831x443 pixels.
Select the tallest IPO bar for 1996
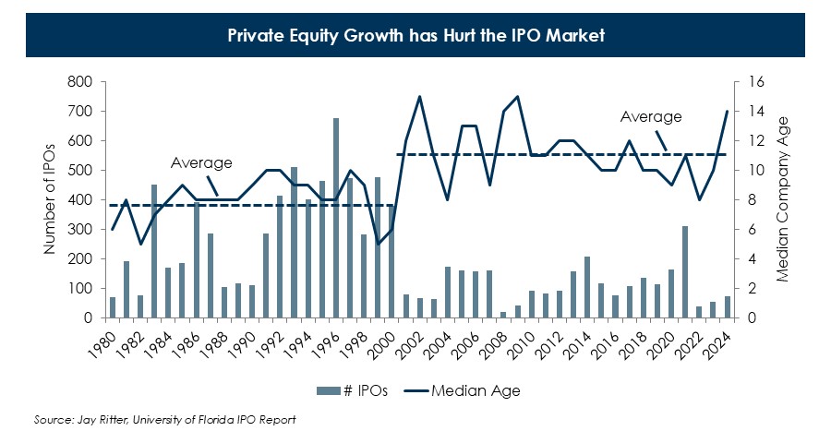(x=336, y=218)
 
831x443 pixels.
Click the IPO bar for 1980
(x=113, y=307)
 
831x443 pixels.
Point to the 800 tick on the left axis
(x=80, y=82)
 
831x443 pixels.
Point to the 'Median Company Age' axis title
(x=781, y=199)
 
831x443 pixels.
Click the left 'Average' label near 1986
(x=201, y=162)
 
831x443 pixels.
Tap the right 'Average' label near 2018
(x=650, y=116)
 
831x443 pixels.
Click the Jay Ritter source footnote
(x=165, y=420)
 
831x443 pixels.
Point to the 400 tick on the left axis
(x=80, y=200)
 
